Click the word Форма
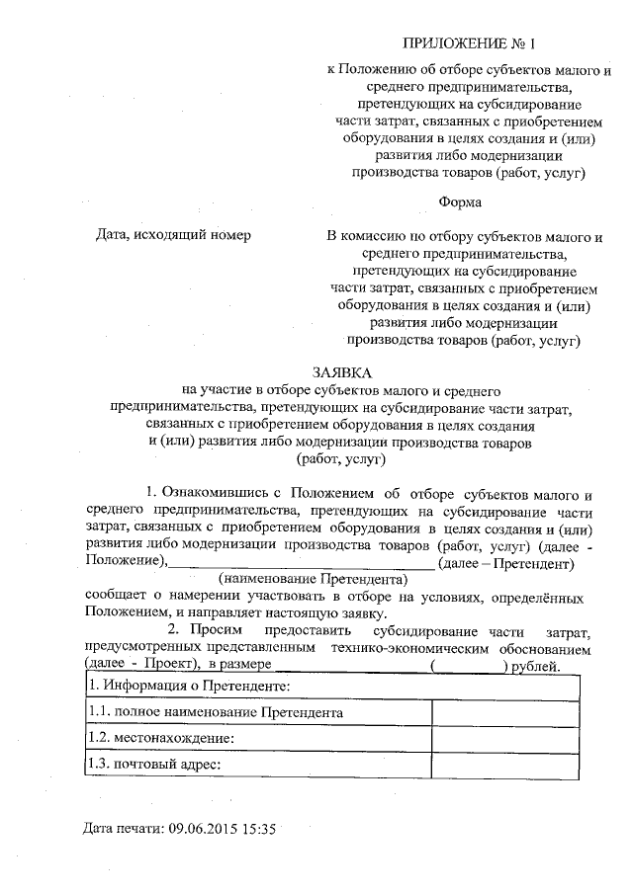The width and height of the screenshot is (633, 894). coord(460,203)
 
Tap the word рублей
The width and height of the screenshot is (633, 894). coord(540,668)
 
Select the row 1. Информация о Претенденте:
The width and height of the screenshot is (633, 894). coord(188,686)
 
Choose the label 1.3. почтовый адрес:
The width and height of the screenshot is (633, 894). coord(152,764)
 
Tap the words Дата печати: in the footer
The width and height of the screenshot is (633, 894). coord(123,828)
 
